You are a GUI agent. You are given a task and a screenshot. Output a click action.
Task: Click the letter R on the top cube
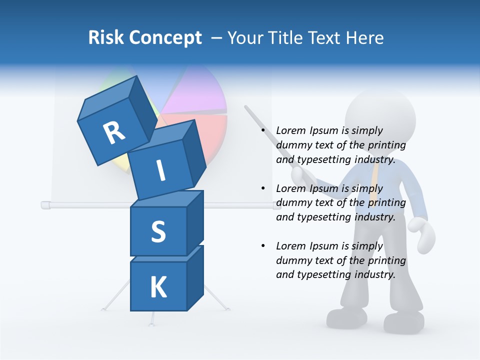coord(114,133)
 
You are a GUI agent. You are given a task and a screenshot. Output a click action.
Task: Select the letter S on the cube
coord(158,231)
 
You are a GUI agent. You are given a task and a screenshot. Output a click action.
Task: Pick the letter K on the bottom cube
coord(158,287)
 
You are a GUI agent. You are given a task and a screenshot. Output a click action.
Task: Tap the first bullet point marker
coord(263,130)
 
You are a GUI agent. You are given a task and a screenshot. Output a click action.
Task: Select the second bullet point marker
coord(263,188)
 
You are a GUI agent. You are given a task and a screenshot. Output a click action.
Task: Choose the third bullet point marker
coord(263,246)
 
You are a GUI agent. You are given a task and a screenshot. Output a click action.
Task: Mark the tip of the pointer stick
coord(246,106)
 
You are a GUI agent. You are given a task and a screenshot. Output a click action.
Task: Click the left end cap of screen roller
coord(45,204)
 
